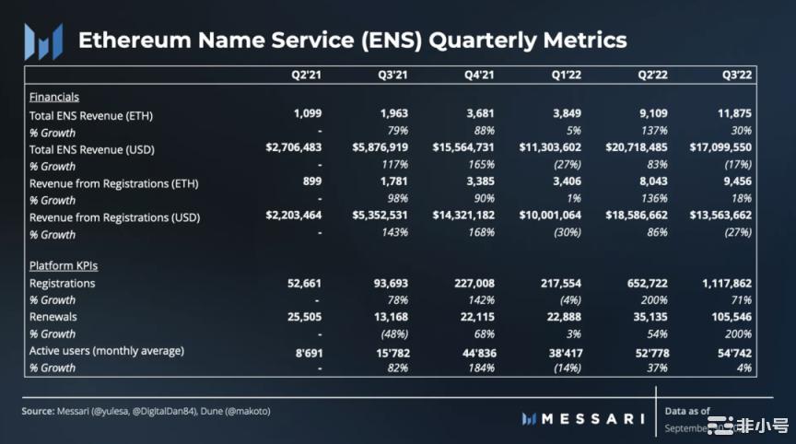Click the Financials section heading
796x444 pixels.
(54, 97)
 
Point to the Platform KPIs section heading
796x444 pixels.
(64, 265)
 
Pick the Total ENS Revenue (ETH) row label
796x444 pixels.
(91, 115)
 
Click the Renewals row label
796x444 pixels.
(53, 317)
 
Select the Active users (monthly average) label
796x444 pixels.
(107, 350)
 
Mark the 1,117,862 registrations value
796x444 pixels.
(723, 283)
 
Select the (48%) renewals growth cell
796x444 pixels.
(392, 333)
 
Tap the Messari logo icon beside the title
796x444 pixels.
(43, 41)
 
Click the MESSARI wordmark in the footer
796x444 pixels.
(591, 419)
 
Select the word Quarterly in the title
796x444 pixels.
(476, 41)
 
